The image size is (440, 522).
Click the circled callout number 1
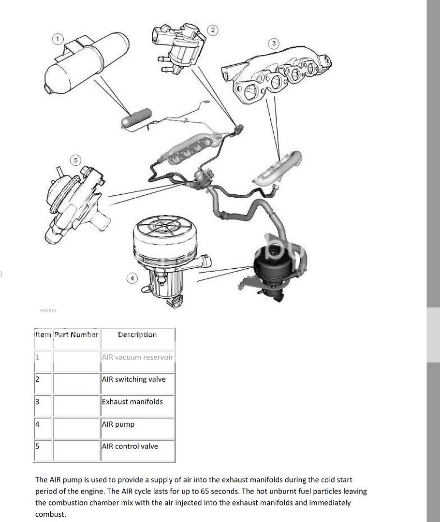point(58,39)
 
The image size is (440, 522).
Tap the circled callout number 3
point(274,43)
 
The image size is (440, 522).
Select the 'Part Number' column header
point(76,334)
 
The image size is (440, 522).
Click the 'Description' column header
point(137,334)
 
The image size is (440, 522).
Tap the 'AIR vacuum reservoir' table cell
point(137,357)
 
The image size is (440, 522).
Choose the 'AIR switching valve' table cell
point(133,379)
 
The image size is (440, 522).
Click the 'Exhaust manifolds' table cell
point(132,402)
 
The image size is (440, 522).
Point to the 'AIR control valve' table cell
point(130,446)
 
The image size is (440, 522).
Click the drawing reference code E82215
point(48,311)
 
